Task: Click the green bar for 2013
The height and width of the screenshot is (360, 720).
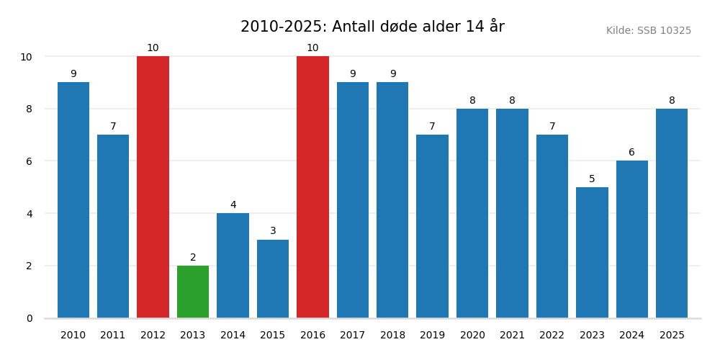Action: pos(193,292)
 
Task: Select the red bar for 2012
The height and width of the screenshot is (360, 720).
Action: pos(153,187)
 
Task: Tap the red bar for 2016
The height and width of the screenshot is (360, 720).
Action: pos(312,187)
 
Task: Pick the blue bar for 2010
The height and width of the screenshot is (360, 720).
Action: pos(73,200)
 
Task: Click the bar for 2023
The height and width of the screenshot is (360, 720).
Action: pos(592,252)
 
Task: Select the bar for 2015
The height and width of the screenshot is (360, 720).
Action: pos(273,279)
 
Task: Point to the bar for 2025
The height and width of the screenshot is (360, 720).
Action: pos(672,213)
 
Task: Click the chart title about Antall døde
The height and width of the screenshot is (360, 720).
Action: pos(372,27)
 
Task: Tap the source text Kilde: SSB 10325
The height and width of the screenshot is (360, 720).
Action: pos(648,31)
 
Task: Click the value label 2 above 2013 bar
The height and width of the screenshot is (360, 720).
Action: pos(193,258)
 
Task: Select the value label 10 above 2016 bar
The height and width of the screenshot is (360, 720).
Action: pos(312,48)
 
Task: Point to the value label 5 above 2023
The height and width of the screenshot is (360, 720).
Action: pos(592,179)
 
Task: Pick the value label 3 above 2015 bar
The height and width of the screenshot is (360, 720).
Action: pos(273,231)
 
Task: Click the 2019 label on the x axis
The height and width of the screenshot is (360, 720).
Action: pos(432,336)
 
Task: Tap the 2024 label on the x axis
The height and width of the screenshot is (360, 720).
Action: pos(631,336)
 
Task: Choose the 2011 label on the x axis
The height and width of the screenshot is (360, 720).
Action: pos(113,336)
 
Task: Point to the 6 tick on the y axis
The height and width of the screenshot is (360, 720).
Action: pos(30,161)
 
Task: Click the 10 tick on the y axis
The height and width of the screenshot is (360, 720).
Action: pos(26,57)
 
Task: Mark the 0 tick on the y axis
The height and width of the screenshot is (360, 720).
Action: pos(30,318)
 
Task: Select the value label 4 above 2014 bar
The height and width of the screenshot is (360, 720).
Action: pos(233,205)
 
